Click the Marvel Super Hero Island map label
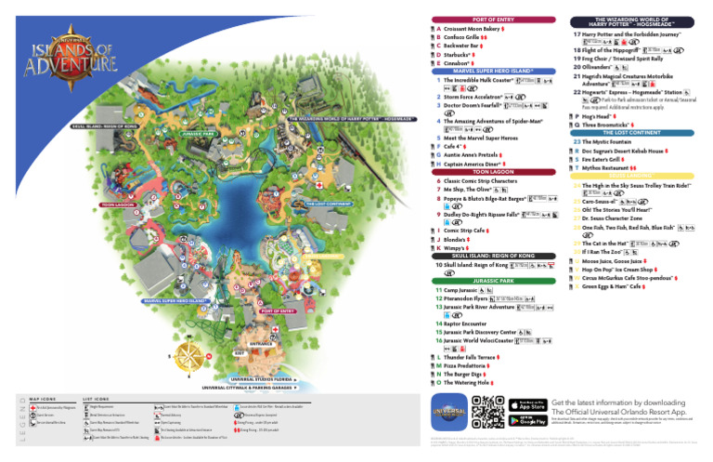pos(175,301)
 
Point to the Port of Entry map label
pos(278,310)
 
